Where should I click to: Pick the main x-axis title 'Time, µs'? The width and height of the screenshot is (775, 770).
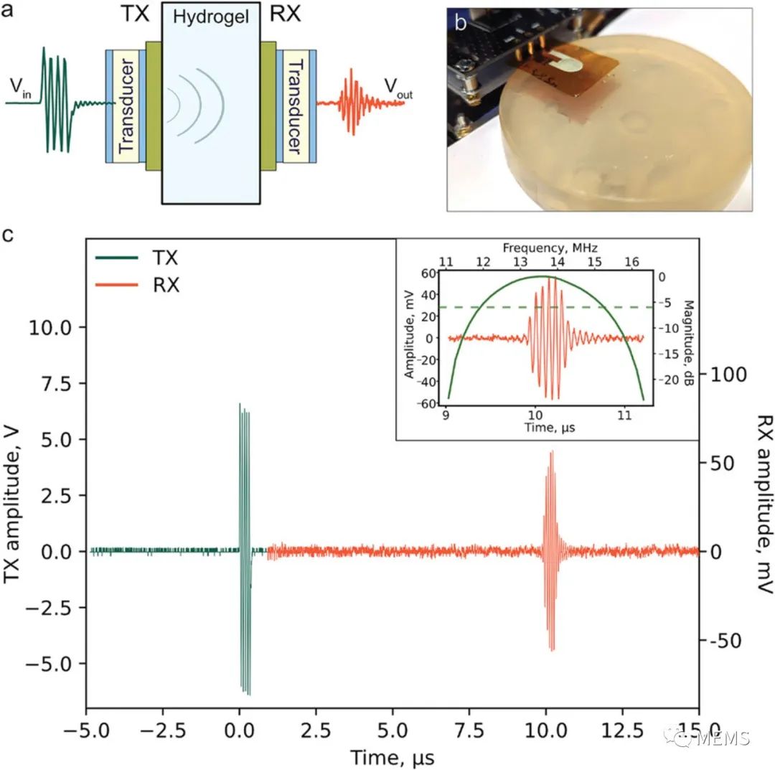(x=392, y=757)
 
